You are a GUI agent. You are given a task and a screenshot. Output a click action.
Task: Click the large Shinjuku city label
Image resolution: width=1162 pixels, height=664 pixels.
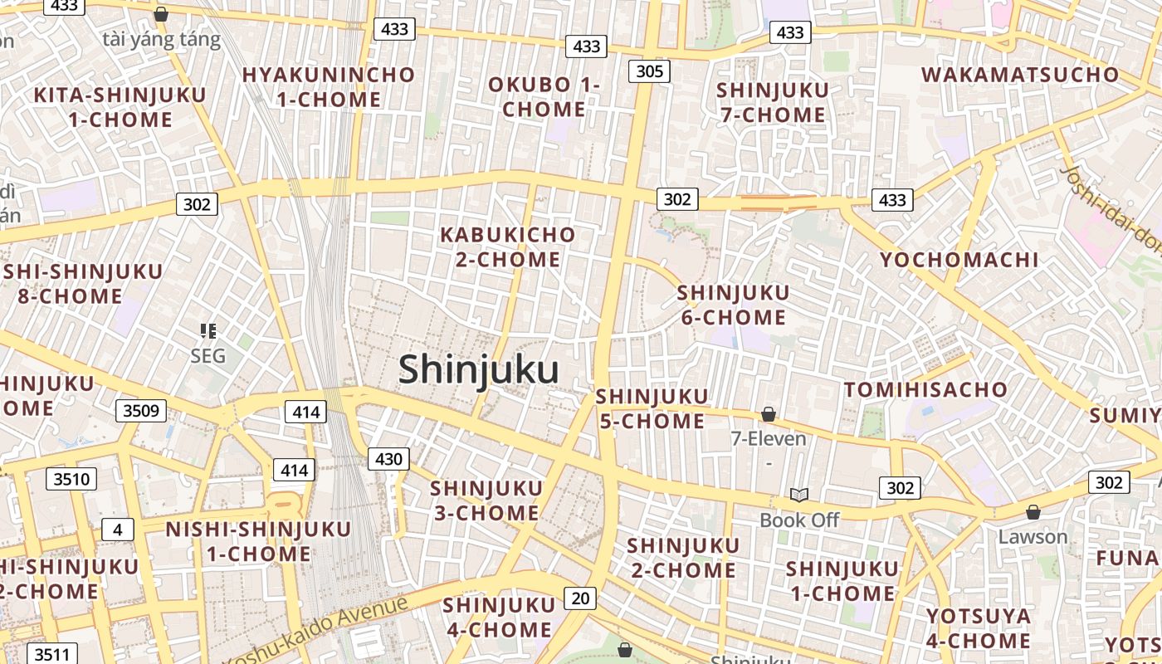(x=478, y=369)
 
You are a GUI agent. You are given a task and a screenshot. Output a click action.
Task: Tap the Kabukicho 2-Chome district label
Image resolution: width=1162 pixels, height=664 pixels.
(x=507, y=247)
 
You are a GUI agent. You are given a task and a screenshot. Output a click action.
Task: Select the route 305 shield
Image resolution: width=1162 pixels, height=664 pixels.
(x=649, y=71)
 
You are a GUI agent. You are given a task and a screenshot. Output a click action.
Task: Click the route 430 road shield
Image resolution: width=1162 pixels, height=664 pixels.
(x=388, y=459)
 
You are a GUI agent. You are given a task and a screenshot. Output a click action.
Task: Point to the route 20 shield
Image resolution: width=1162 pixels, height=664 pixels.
(x=579, y=598)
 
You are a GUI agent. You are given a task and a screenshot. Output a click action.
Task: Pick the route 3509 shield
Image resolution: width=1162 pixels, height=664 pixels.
(x=141, y=410)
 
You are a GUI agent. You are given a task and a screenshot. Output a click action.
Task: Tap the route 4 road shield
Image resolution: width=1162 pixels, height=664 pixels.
(x=118, y=530)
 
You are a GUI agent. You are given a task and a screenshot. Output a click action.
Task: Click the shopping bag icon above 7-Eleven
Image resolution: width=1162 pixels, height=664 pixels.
(x=769, y=413)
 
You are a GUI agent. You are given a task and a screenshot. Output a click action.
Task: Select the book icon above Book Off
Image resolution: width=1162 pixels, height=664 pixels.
(x=798, y=496)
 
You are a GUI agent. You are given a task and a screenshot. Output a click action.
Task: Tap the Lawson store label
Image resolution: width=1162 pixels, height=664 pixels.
(x=1033, y=536)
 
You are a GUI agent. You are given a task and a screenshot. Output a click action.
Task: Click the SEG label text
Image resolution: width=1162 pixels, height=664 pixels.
(x=207, y=356)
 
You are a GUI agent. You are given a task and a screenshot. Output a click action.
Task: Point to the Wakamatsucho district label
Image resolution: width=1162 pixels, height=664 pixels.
(x=1020, y=74)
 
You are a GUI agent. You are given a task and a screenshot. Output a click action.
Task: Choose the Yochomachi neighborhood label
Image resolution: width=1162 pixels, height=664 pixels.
(x=959, y=260)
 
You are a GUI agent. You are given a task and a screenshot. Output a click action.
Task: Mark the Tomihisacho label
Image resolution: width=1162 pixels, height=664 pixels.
(x=925, y=389)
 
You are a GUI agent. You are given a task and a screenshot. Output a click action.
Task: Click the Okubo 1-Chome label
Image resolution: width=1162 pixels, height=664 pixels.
(x=544, y=96)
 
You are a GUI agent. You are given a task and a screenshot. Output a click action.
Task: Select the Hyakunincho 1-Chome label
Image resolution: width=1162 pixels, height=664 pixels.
(x=328, y=86)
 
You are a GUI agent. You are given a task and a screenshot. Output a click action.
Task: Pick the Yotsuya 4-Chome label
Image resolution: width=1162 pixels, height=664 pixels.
(x=979, y=628)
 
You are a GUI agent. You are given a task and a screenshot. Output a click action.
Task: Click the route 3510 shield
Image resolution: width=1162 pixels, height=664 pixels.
(x=71, y=479)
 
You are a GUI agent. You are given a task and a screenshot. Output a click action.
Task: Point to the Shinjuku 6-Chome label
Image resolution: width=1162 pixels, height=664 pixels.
(x=733, y=305)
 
